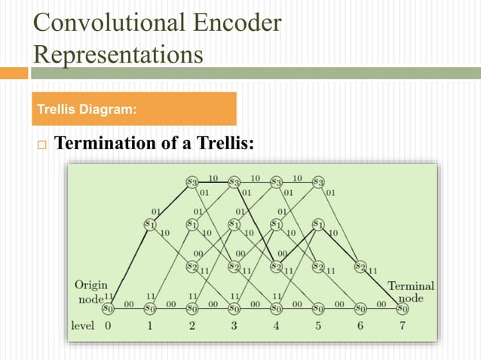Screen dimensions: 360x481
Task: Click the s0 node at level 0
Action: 108,307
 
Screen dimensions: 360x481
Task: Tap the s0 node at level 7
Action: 402,307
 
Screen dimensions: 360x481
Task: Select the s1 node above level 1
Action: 149,224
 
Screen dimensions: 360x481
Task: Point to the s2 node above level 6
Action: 360,266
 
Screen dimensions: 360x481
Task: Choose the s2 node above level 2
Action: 191,266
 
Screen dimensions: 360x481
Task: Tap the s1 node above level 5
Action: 318,224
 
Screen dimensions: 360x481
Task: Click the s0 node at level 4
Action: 276,307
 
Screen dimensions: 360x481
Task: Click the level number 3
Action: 234,326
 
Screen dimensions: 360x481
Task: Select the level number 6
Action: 360,326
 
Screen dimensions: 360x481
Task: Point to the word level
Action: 82,326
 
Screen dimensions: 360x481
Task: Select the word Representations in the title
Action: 118,54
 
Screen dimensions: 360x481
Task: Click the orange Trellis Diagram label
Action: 135,109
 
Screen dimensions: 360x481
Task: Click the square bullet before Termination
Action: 41,144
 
